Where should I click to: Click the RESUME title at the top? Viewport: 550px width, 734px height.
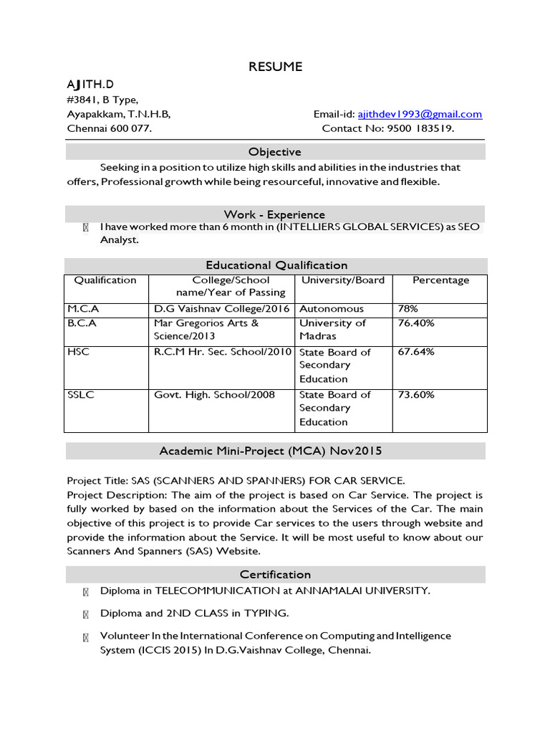pos(275,67)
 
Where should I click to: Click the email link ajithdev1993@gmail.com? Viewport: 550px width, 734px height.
pos(419,114)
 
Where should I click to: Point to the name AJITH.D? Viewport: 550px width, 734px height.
pos(90,85)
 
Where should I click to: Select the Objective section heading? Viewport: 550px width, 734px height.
pos(275,152)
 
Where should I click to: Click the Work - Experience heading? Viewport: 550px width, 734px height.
pos(274,214)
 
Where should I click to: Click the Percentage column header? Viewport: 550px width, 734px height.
pos(440,280)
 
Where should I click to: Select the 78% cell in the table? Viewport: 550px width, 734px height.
pos(407,309)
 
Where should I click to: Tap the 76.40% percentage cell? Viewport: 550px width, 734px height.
pos(415,323)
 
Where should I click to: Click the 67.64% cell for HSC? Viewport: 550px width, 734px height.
pos(415,352)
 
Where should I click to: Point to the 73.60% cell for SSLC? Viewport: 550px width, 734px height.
pos(415,395)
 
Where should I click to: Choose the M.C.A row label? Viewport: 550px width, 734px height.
pos(83,309)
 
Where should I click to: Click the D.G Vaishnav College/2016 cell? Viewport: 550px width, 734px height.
pos(221,309)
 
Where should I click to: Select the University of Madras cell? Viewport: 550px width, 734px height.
pos(332,330)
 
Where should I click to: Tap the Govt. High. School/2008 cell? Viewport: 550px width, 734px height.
pos(214,395)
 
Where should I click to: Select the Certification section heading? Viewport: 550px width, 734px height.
pos(275,574)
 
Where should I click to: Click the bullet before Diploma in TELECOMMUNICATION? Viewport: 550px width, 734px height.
pos(86,591)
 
